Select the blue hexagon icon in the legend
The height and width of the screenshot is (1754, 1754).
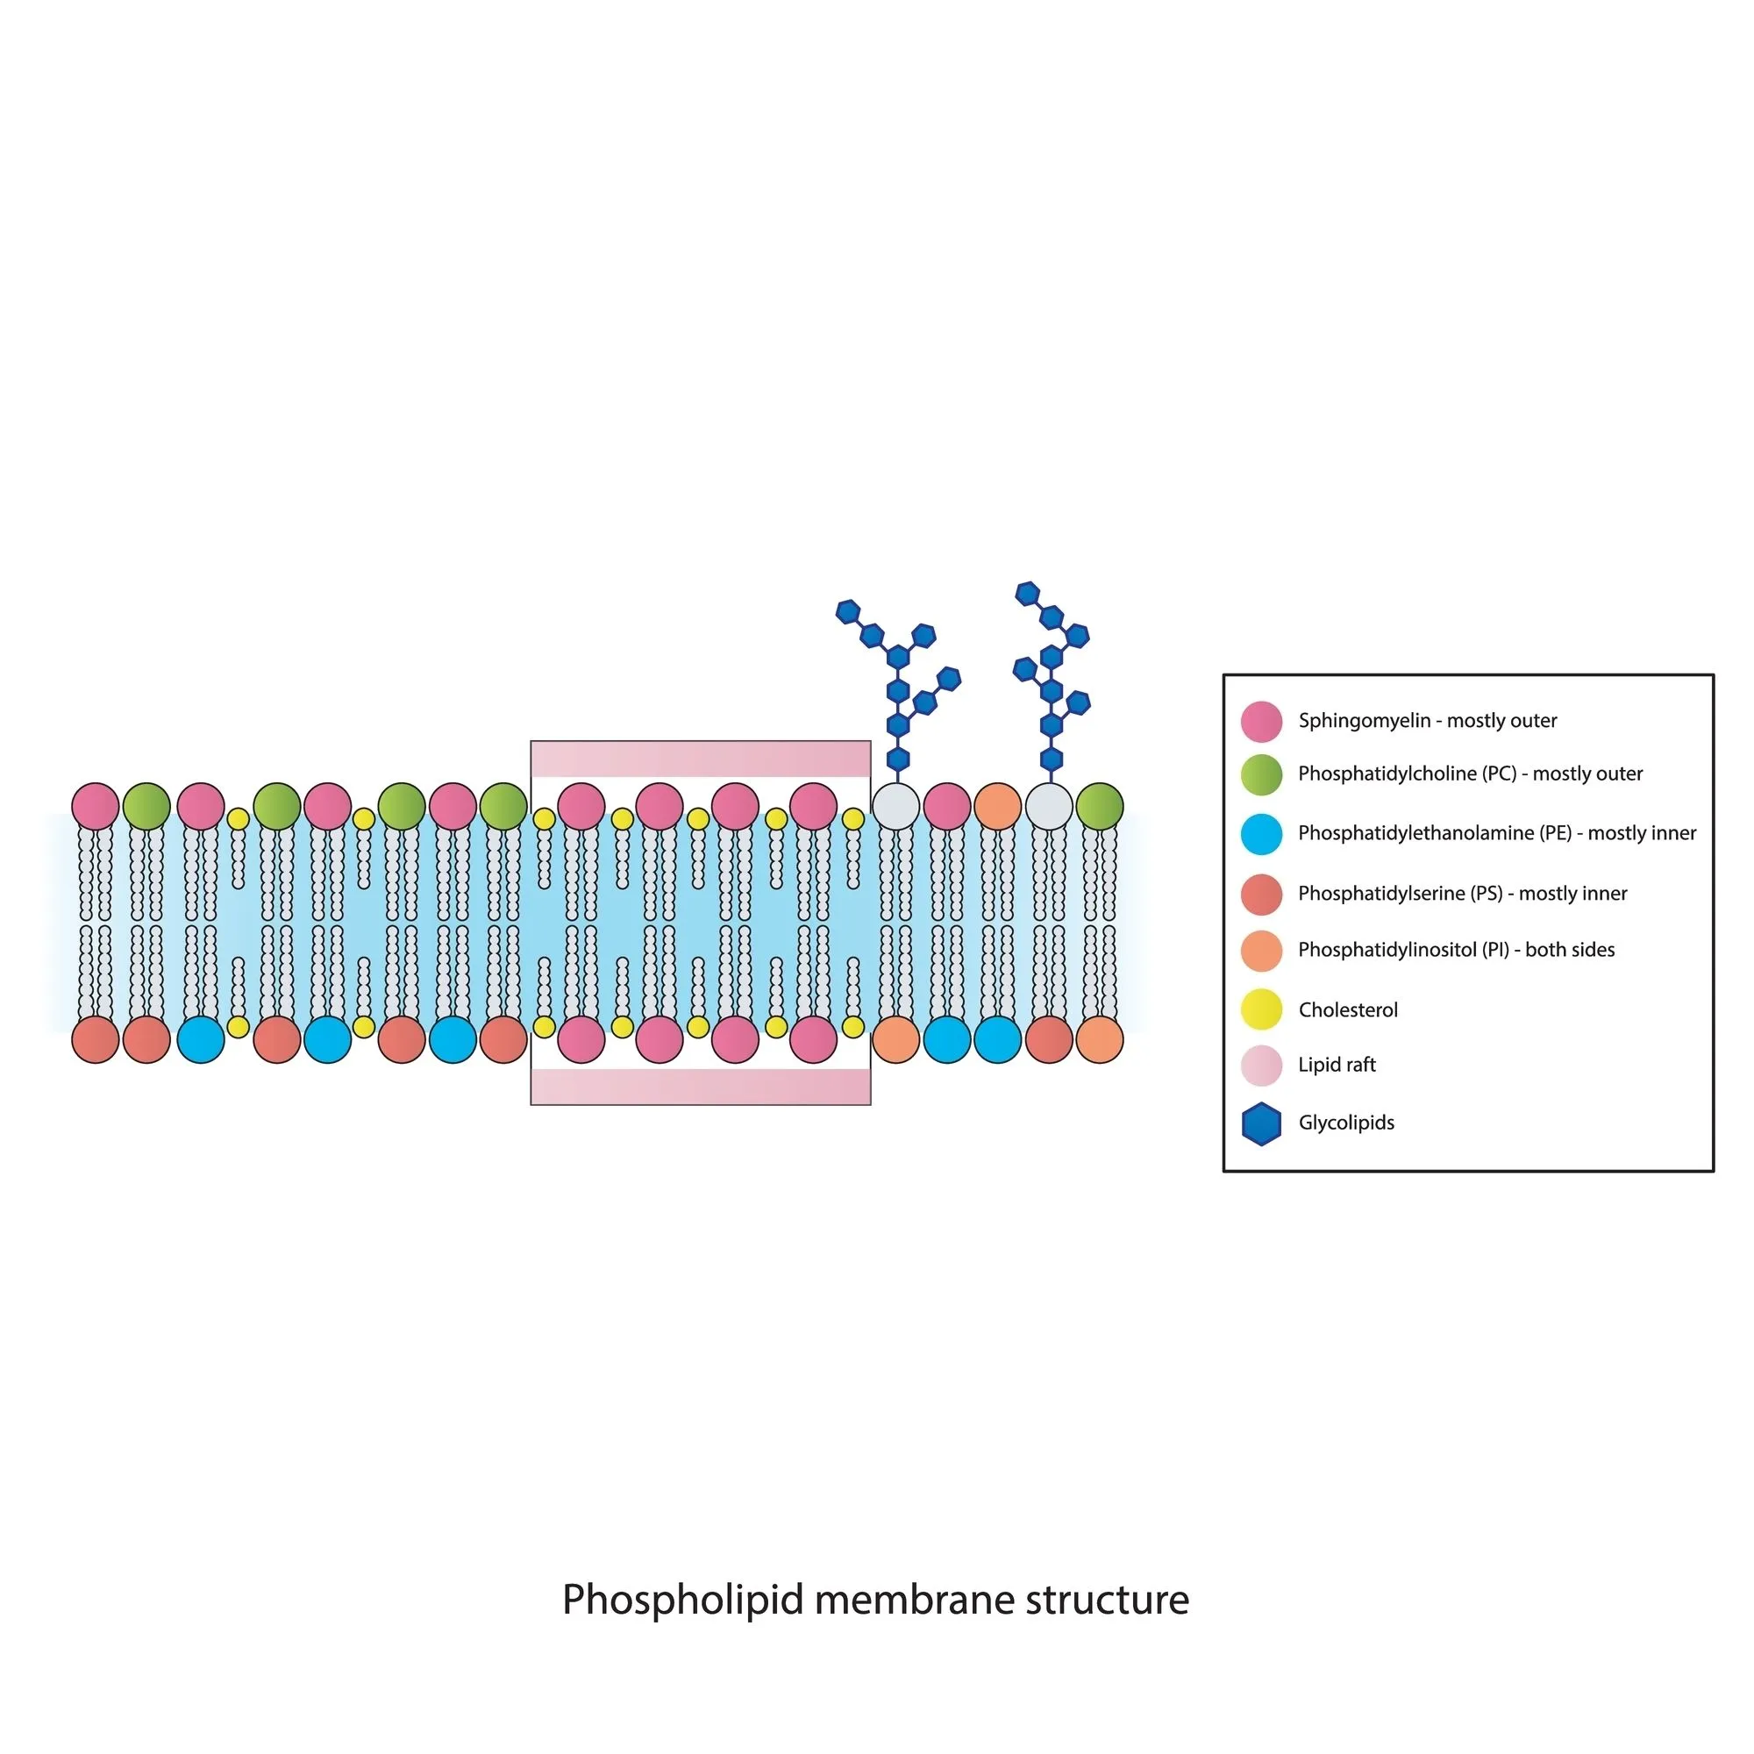(1261, 1124)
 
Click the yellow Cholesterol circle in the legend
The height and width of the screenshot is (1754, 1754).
(1261, 1009)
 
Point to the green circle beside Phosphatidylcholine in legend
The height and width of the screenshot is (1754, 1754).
(1261, 774)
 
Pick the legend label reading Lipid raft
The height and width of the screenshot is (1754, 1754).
(1337, 1065)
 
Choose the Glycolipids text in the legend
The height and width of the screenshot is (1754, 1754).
(1346, 1123)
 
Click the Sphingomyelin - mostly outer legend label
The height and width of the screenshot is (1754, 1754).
(1427, 721)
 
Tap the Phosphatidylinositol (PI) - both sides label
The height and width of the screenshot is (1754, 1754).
(1456, 951)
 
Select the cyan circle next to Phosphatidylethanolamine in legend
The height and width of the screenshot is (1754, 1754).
(1261, 834)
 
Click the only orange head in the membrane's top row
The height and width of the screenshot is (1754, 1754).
(998, 806)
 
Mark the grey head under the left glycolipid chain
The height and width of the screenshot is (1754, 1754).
(896, 806)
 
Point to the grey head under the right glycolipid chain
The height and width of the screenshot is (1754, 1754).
(1049, 806)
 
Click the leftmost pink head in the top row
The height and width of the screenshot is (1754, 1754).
(96, 806)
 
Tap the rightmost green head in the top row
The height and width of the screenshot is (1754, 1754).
(1100, 806)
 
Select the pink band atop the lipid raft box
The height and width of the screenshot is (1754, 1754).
(701, 759)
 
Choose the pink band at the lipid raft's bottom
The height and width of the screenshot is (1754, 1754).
(701, 1087)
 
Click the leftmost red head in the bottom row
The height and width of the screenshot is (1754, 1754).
(96, 1039)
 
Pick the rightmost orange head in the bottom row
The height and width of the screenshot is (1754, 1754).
(1100, 1039)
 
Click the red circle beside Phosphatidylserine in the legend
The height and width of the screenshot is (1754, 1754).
(1261, 895)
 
